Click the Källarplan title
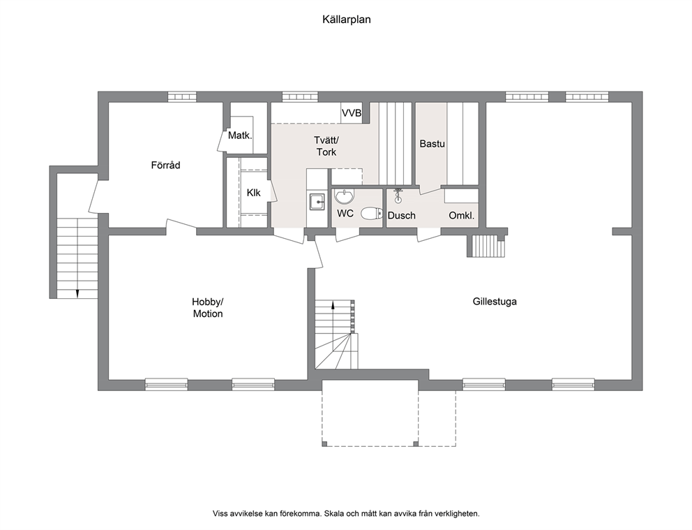[x=347, y=20]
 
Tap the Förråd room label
[x=165, y=165]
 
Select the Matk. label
[x=240, y=135]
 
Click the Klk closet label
[x=254, y=193]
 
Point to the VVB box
[x=352, y=113]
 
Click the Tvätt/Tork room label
[x=326, y=146]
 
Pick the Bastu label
[x=432, y=144]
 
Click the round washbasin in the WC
[x=344, y=196]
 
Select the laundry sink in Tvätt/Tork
[x=317, y=202]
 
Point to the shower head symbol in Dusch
[x=398, y=195]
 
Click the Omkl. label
[x=462, y=216]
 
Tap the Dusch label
[x=402, y=216]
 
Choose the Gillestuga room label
[x=495, y=302]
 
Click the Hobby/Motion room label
[x=208, y=308]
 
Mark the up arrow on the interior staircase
[x=333, y=304]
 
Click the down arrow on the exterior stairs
[x=77, y=293]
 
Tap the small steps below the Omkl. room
[x=486, y=246]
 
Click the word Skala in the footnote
[x=336, y=514]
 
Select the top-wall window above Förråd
[x=181, y=97]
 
